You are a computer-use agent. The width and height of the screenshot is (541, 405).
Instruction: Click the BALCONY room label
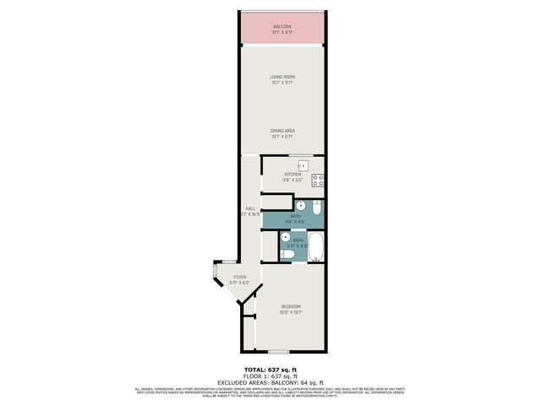(x=281, y=27)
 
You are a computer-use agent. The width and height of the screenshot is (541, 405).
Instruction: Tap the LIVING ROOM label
(x=281, y=77)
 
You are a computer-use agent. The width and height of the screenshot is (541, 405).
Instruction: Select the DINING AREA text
(x=281, y=130)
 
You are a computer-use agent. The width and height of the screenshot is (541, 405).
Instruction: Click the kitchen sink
(x=303, y=165)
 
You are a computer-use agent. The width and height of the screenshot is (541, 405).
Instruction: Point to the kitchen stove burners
(x=319, y=179)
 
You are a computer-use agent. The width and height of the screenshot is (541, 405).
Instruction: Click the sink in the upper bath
(x=300, y=205)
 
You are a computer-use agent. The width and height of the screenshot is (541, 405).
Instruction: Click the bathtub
(x=315, y=249)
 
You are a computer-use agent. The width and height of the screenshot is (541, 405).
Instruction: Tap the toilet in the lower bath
(x=287, y=254)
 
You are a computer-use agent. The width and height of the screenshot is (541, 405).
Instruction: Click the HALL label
(x=250, y=208)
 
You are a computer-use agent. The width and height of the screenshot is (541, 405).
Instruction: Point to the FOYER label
(x=240, y=277)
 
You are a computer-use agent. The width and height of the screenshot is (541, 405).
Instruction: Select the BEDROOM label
(x=290, y=305)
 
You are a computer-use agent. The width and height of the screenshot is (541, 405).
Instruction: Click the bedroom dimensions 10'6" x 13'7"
(x=290, y=312)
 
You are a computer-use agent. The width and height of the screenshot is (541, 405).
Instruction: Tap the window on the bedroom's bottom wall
(x=278, y=350)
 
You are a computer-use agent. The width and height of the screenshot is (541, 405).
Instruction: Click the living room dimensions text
(x=281, y=83)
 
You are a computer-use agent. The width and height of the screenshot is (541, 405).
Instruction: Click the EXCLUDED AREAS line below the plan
(x=270, y=381)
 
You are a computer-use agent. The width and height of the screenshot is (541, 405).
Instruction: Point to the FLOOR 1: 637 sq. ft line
(x=270, y=375)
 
